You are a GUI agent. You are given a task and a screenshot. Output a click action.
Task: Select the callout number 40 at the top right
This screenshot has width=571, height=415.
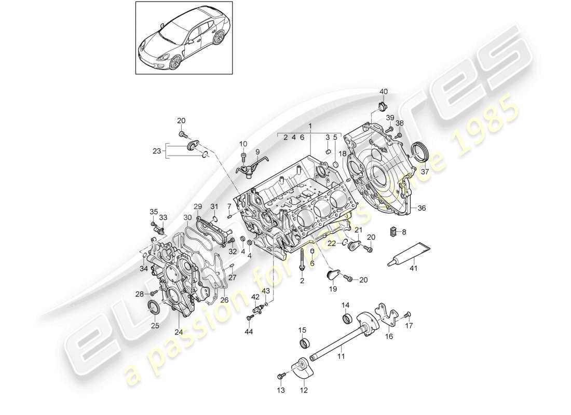[383, 92]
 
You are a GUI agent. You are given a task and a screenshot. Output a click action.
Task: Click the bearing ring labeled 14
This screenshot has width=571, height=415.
[346, 318]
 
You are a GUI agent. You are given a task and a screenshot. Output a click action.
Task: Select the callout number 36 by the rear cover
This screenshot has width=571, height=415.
[420, 208]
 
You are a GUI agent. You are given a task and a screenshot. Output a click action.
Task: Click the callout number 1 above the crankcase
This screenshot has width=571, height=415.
[310, 126]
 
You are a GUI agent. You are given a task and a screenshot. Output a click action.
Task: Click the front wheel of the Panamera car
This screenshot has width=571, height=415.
[174, 63]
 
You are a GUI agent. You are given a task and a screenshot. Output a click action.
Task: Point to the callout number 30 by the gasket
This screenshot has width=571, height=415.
[187, 217]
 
